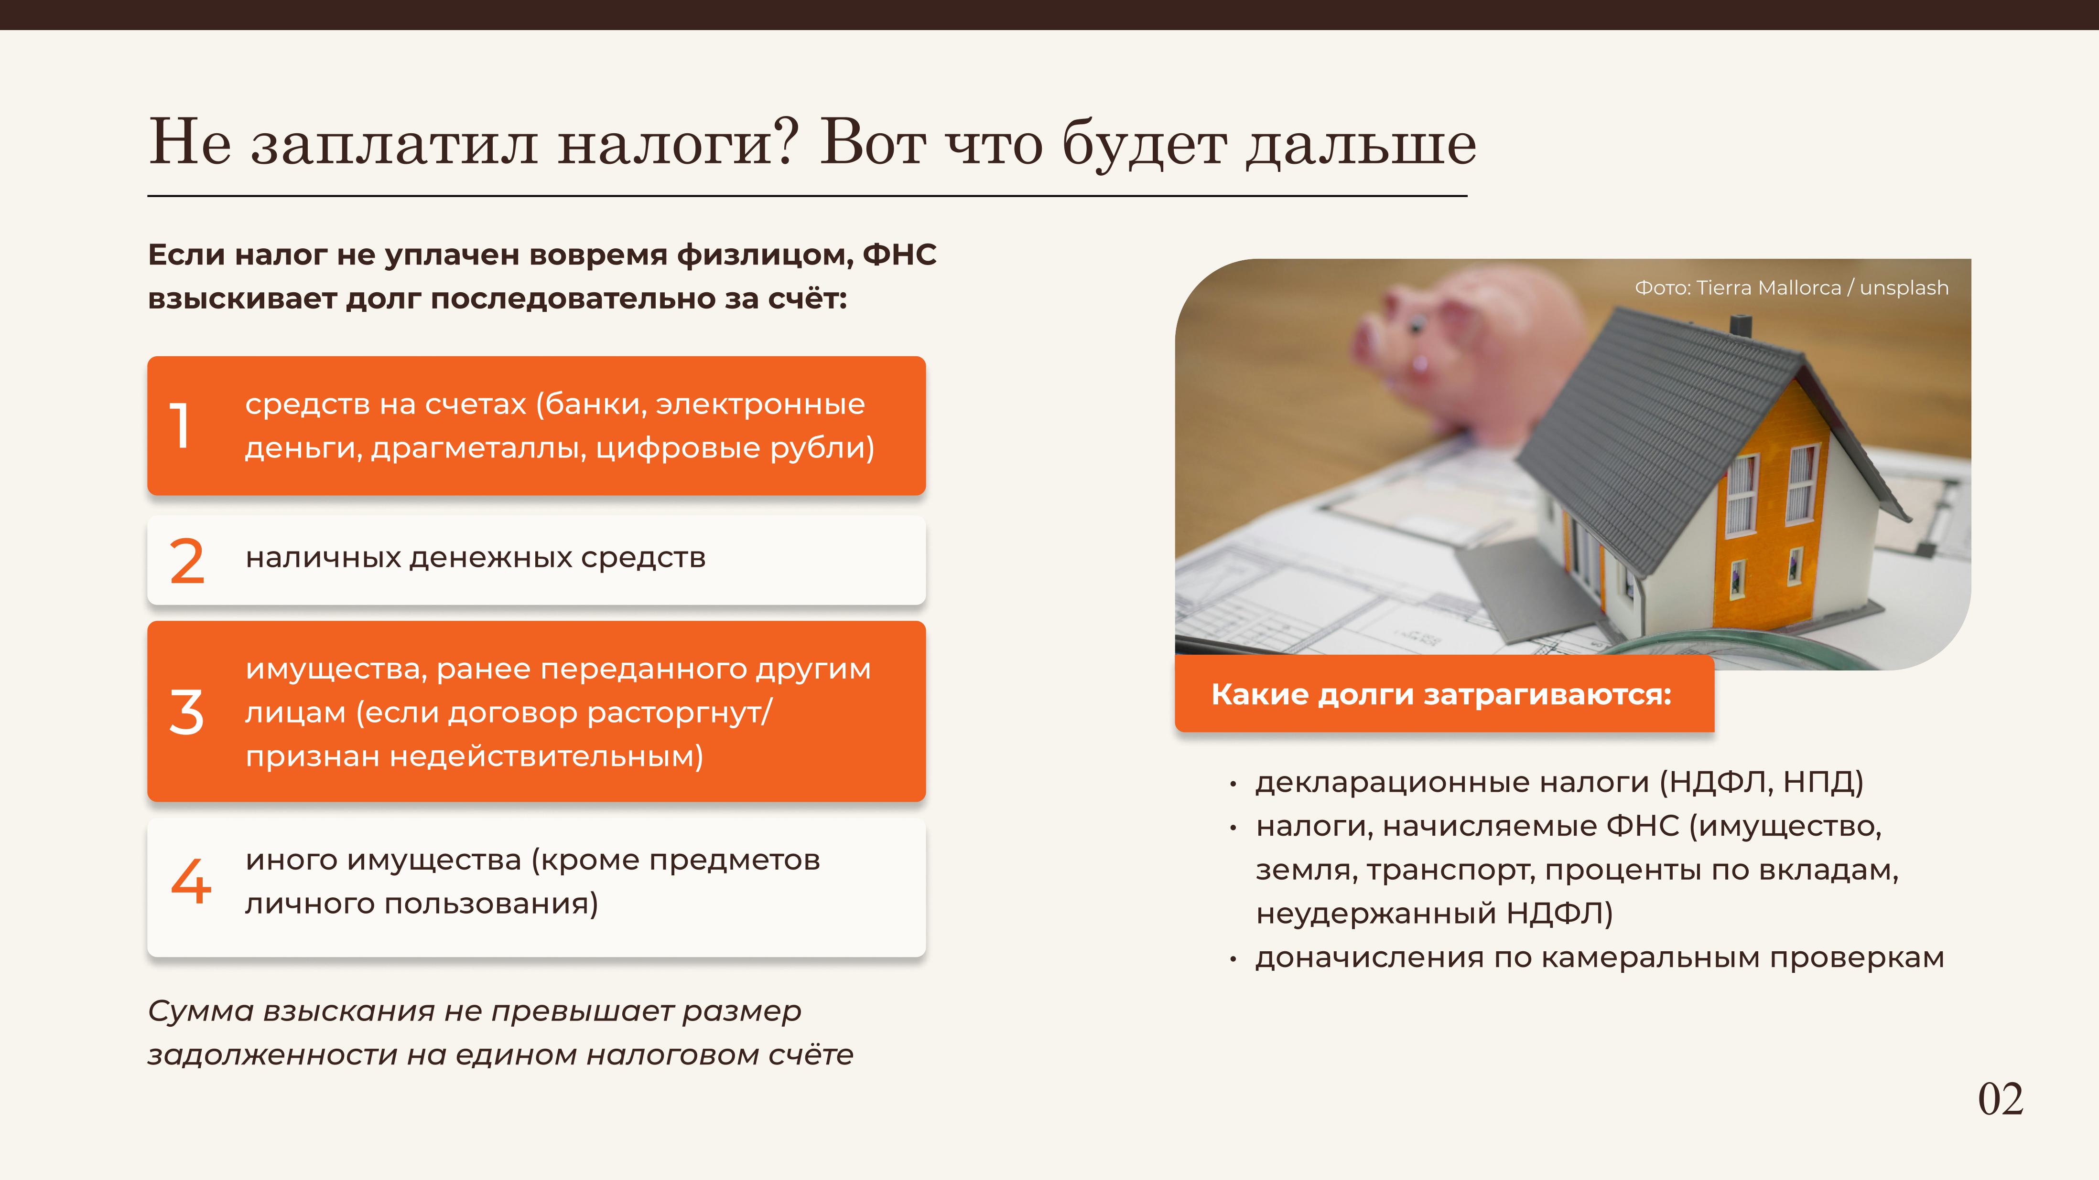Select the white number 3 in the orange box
[x=186, y=712]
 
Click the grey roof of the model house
[x=1662, y=424]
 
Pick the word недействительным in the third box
[x=546, y=756]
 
